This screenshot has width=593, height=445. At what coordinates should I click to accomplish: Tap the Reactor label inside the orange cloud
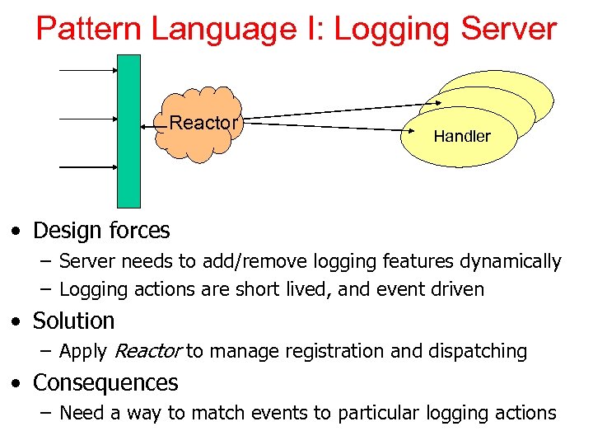click(203, 124)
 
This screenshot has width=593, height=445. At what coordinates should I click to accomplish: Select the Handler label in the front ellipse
click(461, 137)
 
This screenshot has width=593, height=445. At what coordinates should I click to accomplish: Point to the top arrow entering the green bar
click(89, 70)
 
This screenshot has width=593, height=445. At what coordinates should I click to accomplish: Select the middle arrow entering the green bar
click(89, 119)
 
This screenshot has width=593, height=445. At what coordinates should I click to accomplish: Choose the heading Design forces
click(101, 231)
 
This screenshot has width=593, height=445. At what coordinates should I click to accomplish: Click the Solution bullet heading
click(73, 321)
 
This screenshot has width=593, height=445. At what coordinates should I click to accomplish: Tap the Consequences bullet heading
click(105, 383)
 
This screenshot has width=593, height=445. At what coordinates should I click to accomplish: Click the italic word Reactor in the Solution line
click(147, 352)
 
